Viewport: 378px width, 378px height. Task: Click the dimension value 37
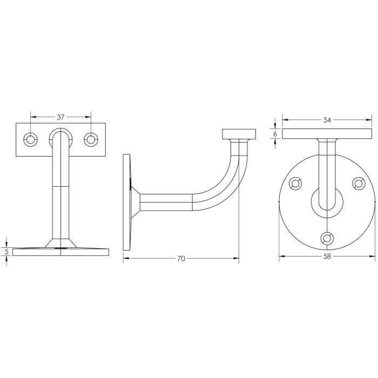[60, 117]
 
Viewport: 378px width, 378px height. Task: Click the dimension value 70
[181, 259]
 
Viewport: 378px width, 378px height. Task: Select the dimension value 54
[327, 120]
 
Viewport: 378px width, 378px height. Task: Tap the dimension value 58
[327, 258]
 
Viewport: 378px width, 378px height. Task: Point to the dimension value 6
[275, 133]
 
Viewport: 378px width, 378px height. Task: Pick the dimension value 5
[6, 252]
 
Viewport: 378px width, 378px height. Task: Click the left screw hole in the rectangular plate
[31, 140]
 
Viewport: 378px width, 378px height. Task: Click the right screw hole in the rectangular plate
[91, 140]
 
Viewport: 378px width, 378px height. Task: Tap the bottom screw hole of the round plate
[327, 238]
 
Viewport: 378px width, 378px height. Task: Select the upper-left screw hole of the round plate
[295, 184]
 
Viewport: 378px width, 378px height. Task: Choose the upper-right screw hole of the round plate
[358, 184]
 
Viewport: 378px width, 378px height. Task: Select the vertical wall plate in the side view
[127, 202]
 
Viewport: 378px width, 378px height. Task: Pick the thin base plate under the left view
[60, 252]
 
